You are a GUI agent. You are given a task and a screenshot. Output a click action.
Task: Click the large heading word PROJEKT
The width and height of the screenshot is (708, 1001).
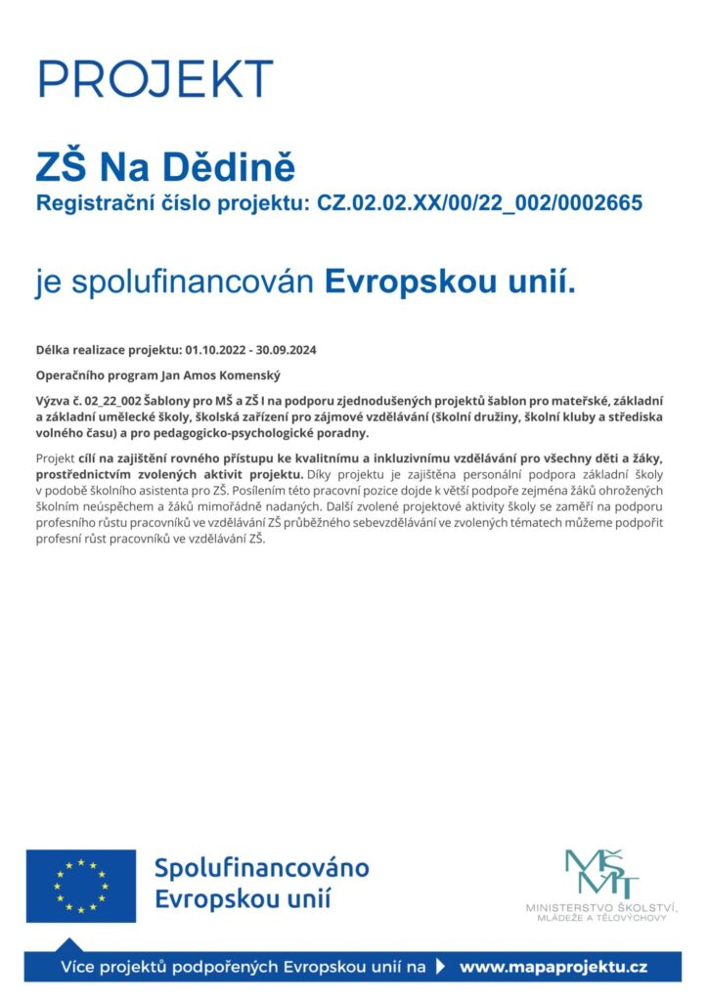pyautogui.click(x=155, y=78)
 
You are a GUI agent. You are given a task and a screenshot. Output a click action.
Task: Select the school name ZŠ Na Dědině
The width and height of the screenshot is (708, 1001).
pyautogui.click(x=165, y=166)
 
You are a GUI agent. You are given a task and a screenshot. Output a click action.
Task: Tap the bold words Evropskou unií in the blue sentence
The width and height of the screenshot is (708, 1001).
pyautogui.click(x=450, y=283)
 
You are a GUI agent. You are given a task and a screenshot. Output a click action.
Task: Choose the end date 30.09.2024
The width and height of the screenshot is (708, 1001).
pyautogui.click(x=290, y=349)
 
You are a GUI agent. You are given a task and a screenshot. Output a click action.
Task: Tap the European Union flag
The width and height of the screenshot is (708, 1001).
pyautogui.click(x=81, y=885)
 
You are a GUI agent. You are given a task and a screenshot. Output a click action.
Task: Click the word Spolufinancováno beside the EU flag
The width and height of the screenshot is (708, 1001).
pyautogui.click(x=262, y=867)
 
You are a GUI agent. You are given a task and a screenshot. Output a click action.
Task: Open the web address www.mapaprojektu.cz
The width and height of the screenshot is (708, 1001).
pyautogui.click(x=553, y=968)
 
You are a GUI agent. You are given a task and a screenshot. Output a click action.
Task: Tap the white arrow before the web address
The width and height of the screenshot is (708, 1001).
pyautogui.click(x=440, y=968)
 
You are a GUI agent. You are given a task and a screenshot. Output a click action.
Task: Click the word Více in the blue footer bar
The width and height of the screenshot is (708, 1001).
pyautogui.click(x=80, y=968)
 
